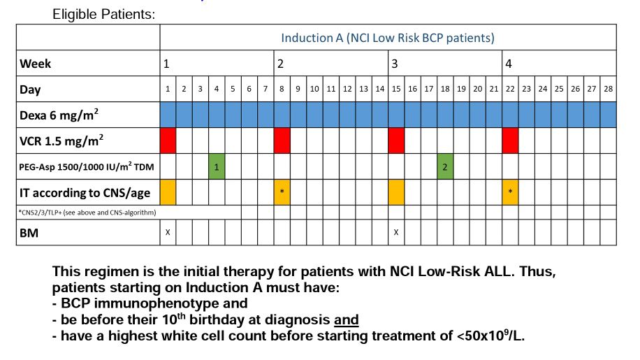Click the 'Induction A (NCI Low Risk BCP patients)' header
pos(388,38)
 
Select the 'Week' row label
pos(36,64)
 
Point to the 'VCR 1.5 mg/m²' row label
pos(61,140)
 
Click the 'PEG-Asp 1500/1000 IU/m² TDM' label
pos(83,166)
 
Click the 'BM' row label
pos(29,232)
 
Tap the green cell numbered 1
pos(217,166)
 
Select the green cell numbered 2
pos(445,166)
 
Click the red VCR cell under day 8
pos(282,141)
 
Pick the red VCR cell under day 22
pos(510,141)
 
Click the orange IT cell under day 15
pos(396,192)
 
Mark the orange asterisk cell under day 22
pos(510,192)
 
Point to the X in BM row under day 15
pos(396,232)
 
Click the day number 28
pos(608,89)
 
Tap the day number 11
pos(330,89)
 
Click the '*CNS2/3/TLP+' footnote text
pos(87,212)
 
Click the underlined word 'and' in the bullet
pos(346,320)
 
